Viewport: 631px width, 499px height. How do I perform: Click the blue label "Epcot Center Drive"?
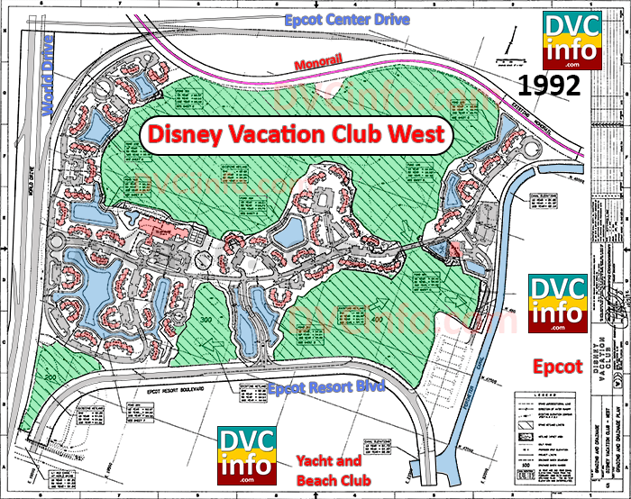coord(335,18)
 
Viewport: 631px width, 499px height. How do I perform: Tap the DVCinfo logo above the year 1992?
coord(570,41)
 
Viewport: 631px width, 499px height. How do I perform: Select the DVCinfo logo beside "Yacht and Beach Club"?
coord(244,454)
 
